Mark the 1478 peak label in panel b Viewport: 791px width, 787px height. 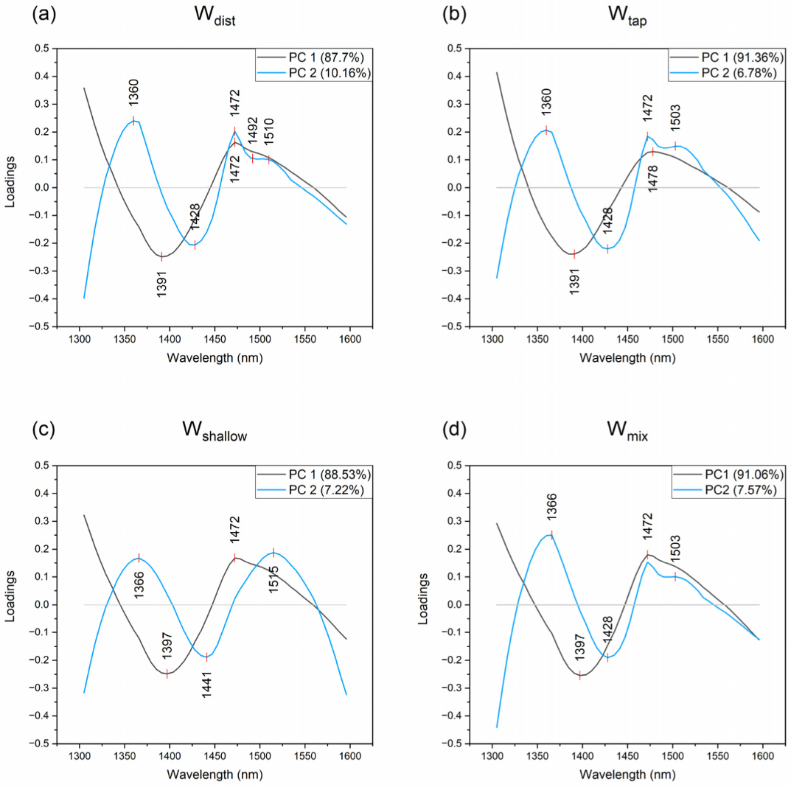[x=653, y=178]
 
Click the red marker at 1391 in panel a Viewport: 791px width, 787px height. [x=161, y=256]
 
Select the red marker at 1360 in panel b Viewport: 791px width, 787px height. [x=546, y=130]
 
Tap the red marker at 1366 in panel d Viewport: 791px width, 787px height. [x=551, y=535]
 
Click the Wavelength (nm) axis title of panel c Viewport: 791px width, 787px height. [x=215, y=774]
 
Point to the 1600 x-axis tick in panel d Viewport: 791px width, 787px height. [x=762, y=756]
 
